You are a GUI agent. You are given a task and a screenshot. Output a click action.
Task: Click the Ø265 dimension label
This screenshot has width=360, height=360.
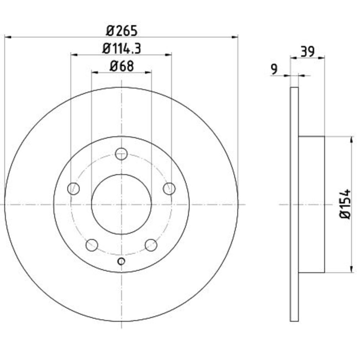pyautogui.click(x=122, y=31)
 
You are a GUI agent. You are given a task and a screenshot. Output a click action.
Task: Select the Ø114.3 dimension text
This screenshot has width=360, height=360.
pyautogui.click(x=121, y=49)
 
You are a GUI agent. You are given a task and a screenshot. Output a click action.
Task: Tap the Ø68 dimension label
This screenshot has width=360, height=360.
pyautogui.click(x=122, y=66)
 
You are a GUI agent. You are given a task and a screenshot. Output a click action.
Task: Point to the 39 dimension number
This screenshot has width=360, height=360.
pyautogui.click(x=308, y=51)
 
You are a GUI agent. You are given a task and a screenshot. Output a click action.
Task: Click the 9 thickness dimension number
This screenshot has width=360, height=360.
pyautogui.click(x=274, y=69)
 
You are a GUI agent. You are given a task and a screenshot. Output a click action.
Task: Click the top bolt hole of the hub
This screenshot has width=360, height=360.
pyautogui.click(x=121, y=154)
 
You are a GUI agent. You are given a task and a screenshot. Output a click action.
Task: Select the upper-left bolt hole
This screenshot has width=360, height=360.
pyautogui.click(x=73, y=189)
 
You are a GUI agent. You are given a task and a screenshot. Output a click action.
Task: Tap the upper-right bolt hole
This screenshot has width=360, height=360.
pyautogui.click(x=169, y=189)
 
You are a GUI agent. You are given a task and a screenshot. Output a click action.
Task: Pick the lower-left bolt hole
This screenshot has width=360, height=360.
pyautogui.click(x=92, y=245)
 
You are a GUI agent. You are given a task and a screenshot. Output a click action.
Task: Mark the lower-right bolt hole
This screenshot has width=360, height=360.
pyautogui.click(x=151, y=245)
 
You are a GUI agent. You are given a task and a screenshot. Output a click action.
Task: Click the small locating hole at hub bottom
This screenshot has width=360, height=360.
pyautogui.click(x=121, y=261)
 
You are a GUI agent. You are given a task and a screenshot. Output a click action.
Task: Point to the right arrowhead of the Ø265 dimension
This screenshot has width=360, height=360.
pyautogui.click(x=235, y=37)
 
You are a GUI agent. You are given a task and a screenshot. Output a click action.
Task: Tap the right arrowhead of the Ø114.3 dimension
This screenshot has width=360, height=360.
pyautogui.click(x=168, y=55)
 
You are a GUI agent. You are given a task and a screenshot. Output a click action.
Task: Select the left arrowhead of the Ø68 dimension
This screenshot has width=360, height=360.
pyautogui.click(x=95, y=73)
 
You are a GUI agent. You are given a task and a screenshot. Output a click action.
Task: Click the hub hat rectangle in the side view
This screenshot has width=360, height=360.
pyautogui.click(x=311, y=204)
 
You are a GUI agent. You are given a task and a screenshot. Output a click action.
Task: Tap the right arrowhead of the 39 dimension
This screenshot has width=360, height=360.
pyautogui.click(x=321, y=58)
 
